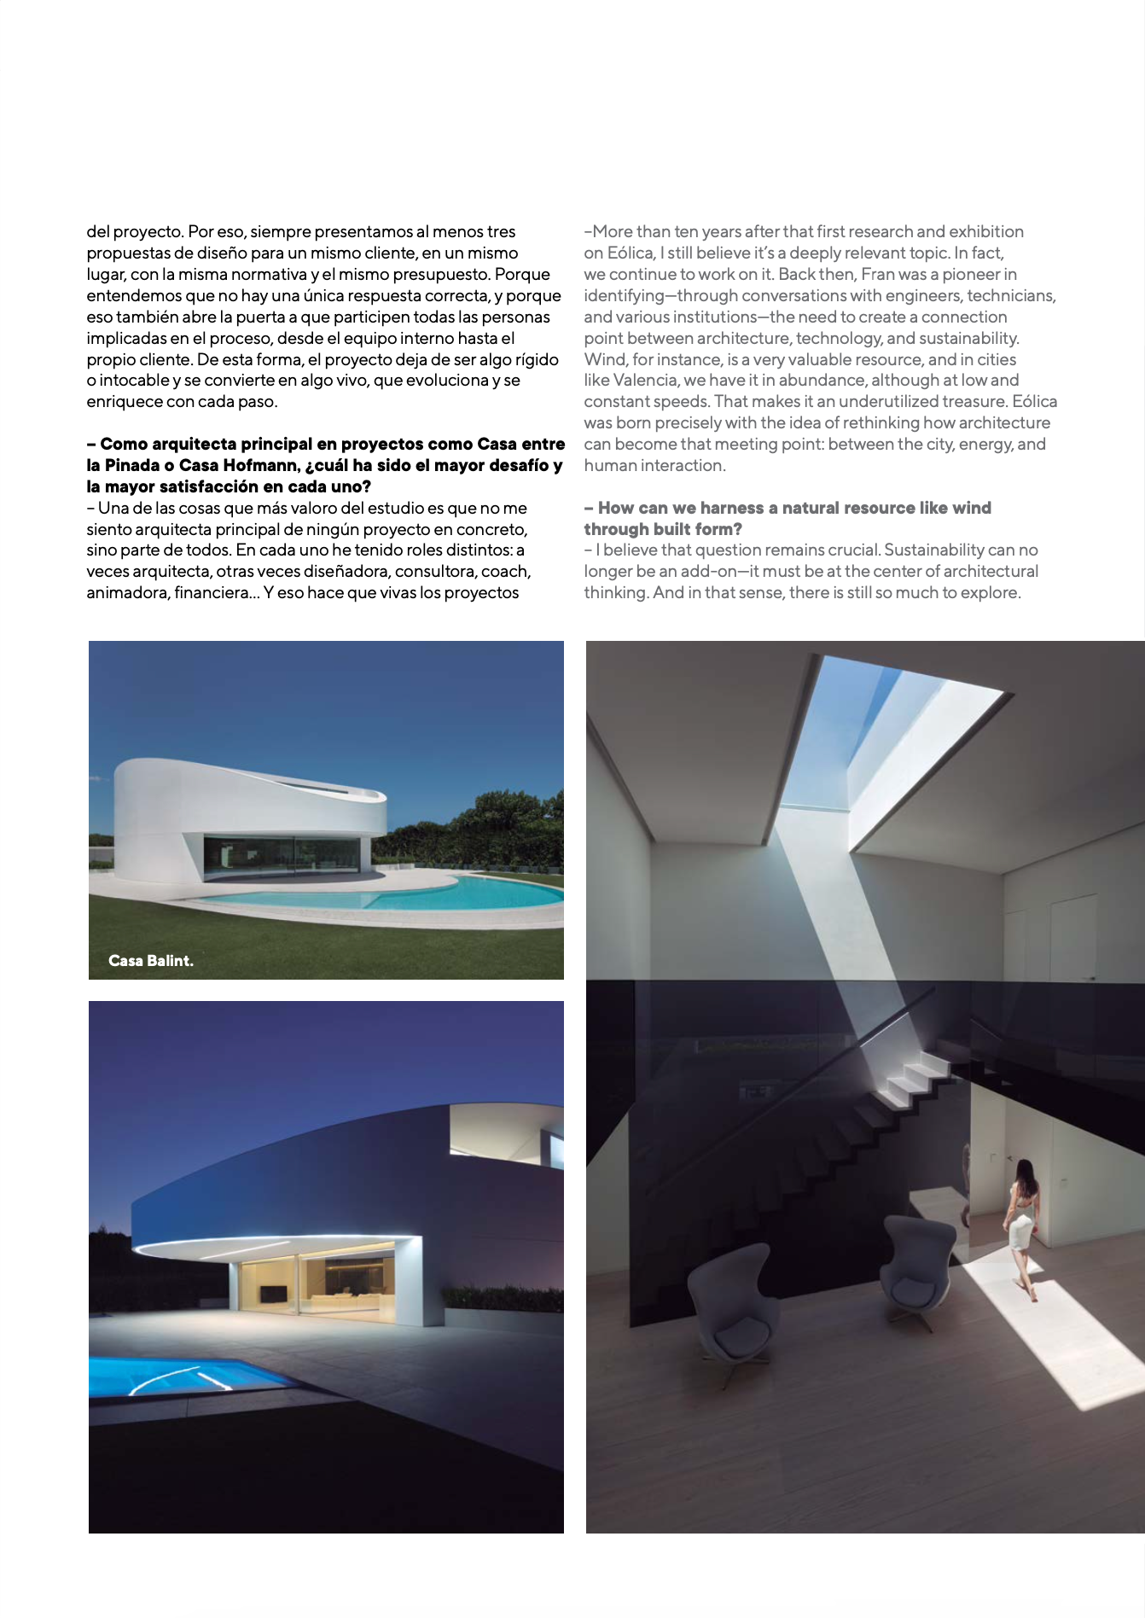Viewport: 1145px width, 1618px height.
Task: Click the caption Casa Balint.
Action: click(x=151, y=960)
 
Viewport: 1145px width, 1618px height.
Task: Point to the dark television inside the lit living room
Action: click(x=272, y=1293)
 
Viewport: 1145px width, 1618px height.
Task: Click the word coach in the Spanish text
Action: click(x=505, y=571)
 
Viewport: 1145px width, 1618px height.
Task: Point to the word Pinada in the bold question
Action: click(x=132, y=465)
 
